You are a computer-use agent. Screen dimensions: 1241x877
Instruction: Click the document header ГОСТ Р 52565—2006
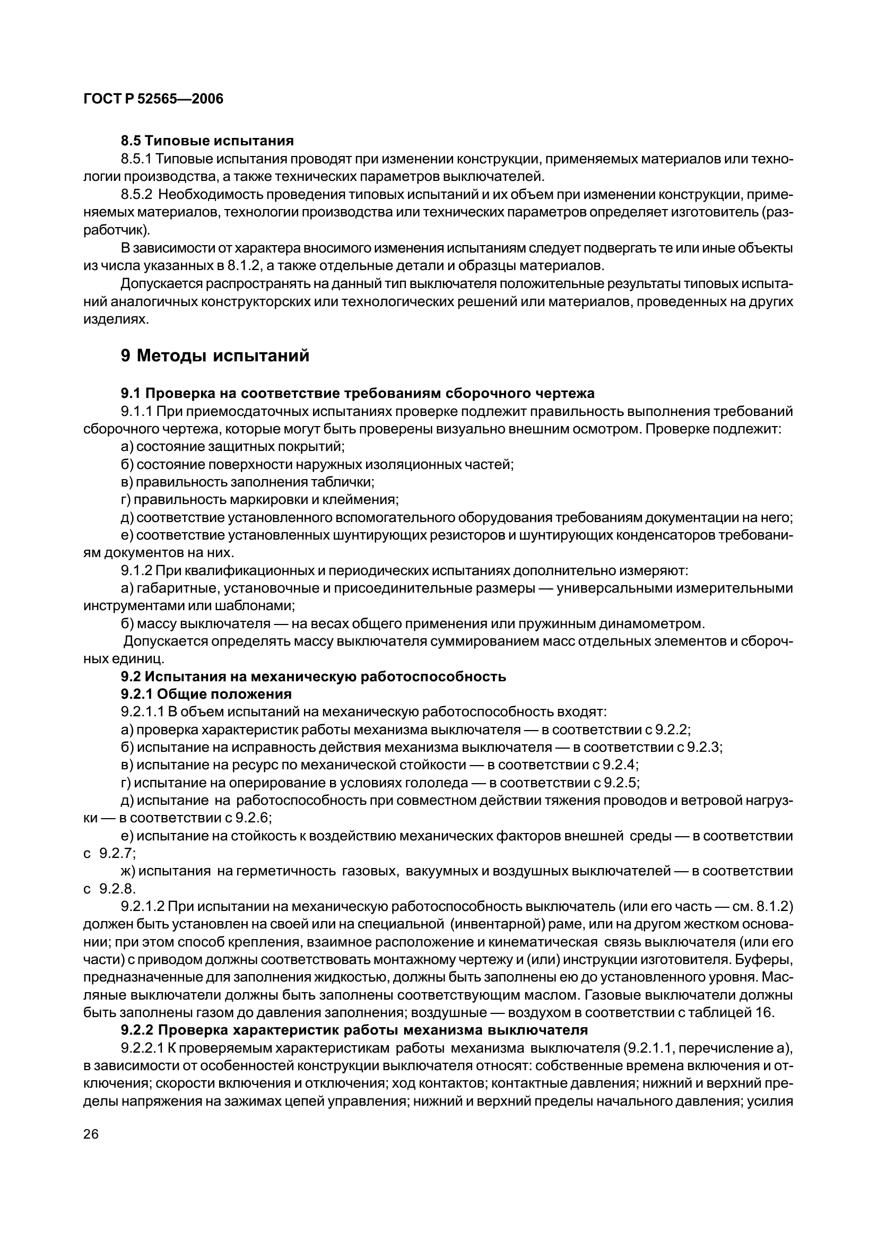153,99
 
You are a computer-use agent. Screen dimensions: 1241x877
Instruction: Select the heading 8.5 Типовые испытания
207,141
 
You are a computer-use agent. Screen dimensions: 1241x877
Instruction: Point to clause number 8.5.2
137,194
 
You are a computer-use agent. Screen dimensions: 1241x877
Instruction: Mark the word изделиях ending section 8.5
115,319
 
